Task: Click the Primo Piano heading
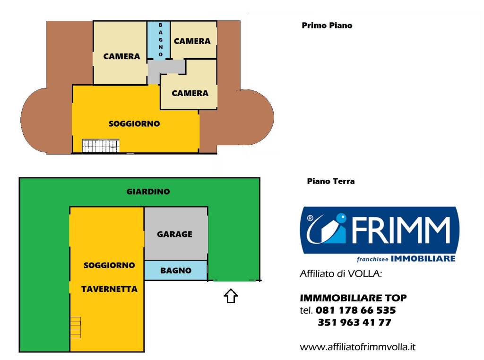click(327, 26)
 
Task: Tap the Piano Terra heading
click(330, 181)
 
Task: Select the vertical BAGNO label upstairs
click(161, 40)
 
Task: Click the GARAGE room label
click(174, 234)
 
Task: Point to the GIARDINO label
click(148, 192)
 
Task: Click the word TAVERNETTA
click(109, 289)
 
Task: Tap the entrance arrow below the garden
click(231, 296)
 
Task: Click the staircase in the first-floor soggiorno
click(101, 146)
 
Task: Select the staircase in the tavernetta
click(76, 327)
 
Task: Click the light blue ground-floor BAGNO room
click(176, 271)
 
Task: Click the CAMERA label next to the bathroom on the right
click(192, 41)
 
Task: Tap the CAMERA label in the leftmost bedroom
click(121, 56)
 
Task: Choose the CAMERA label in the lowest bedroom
click(190, 93)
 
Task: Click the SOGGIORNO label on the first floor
click(134, 123)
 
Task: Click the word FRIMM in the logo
click(401, 230)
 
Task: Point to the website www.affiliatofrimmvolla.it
click(357, 347)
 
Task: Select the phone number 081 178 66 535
click(355, 310)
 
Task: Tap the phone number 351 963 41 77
click(354, 322)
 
